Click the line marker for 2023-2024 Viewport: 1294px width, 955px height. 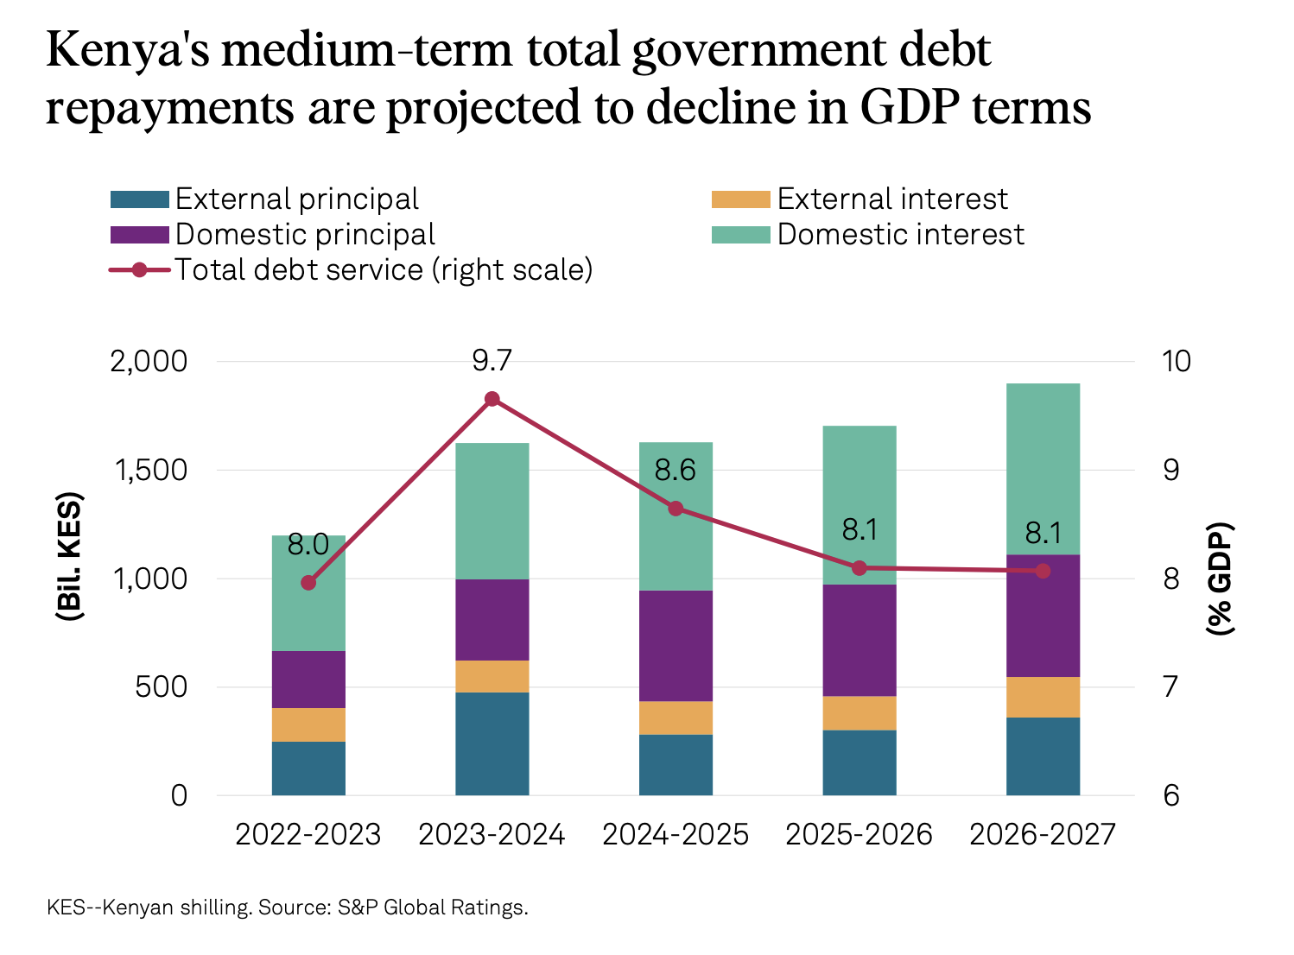(x=492, y=399)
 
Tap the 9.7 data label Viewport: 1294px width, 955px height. (x=492, y=361)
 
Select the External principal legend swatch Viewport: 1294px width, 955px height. (x=139, y=199)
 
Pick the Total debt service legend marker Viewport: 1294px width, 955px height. (x=140, y=270)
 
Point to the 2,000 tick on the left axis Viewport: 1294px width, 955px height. (x=149, y=361)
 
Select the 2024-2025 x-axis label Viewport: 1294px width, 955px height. (x=676, y=834)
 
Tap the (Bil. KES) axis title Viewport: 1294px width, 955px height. (x=69, y=557)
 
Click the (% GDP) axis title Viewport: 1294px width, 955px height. (x=1220, y=579)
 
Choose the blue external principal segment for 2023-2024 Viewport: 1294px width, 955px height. (x=492, y=743)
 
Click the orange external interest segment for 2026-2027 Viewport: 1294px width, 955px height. (x=1043, y=697)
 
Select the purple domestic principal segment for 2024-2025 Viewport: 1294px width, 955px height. (x=676, y=646)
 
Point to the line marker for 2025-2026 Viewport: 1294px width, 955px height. (x=859, y=568)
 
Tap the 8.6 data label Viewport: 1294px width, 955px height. (x=676, y=471)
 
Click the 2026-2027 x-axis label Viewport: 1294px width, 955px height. (x=1043, y=834)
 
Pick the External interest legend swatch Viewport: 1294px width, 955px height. (x=740, y=199)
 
